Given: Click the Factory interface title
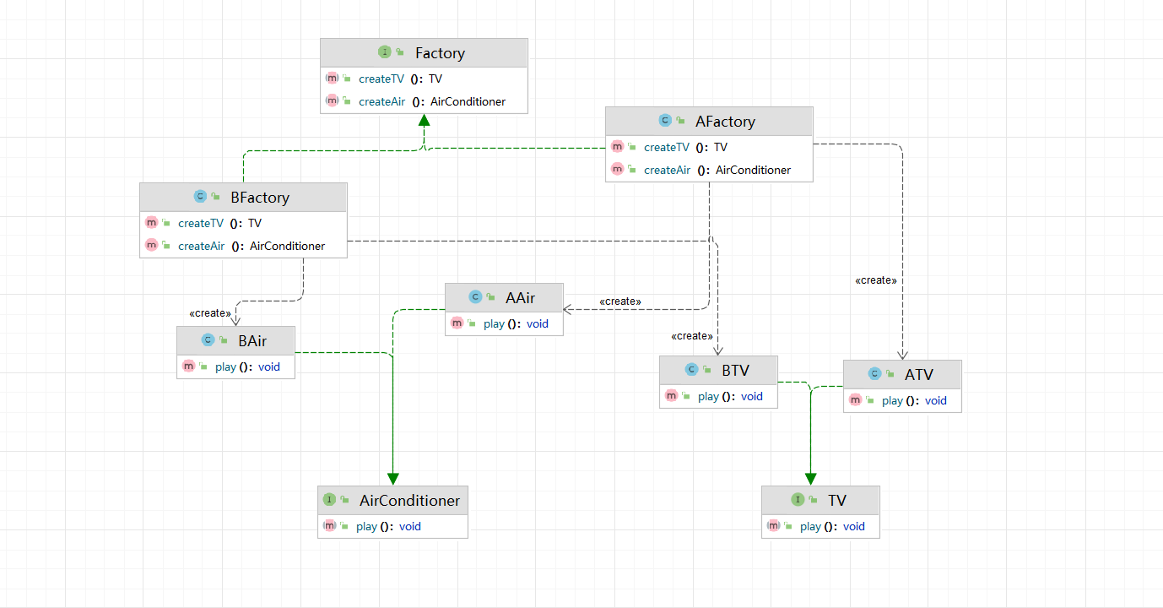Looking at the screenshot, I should tap(440, 53).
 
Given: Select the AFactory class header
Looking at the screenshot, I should tap(725, 122).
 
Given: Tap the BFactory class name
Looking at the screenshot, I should tap(259, 198).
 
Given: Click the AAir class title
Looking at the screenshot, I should tap(520, 297).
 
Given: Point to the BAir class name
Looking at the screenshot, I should tap(252, 340).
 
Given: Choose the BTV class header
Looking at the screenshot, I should tap(735, 370).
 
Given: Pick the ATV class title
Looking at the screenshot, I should tap(919, 374).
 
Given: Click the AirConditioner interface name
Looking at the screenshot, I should tap(409, 501).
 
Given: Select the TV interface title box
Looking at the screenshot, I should tap(836, 501).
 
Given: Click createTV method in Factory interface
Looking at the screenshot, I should tap(381, 79).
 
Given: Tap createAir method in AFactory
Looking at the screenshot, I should tap(667, 170).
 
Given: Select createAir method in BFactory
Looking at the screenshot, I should tap(201, 246).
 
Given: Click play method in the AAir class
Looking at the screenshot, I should tap(495, 323).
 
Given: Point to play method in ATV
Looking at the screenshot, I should tap(893, 400).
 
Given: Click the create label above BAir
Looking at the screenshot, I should tap(209, 313).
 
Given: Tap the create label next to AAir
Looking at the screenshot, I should tap(619, 301).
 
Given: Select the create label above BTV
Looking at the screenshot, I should tap(691, 336).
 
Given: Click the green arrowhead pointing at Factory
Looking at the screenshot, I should tap(424, 120).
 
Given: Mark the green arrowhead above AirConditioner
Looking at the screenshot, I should tap(392, 479).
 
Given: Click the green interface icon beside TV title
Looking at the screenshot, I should tap(798, 500).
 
